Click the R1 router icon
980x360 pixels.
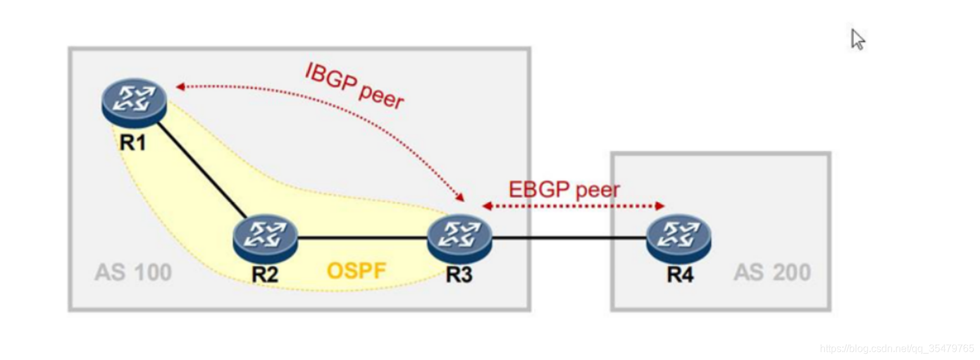click(134, 102)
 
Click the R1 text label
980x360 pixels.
click(133, 142)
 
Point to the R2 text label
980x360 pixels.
click(265, 275)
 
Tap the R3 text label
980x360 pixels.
click(459, 275)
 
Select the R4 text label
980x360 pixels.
click(680, 275)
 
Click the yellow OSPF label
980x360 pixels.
click(356, 271)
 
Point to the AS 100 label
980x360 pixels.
click(133, 273)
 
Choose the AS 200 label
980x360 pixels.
click(772, 273)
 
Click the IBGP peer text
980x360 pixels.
click(354, 86)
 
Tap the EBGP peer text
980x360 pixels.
click(564, 189)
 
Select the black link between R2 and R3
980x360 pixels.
click(362, 239)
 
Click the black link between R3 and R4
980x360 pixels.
click(569, 239)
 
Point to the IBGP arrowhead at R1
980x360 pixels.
click(180, 87)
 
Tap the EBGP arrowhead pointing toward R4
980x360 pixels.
click(660, 206)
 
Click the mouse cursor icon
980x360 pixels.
click(857, 39)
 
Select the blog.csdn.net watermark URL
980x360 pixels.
click(896, 349)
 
